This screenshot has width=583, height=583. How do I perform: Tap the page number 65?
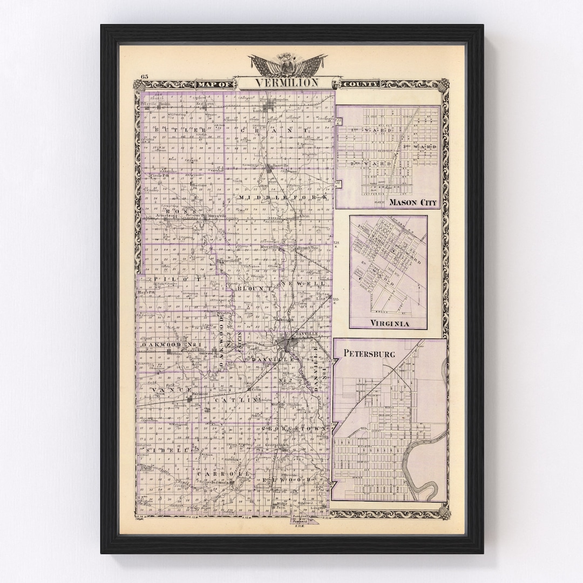pyautogui.click(x=144, y=76)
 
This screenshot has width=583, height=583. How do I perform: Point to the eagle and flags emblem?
pyautogui.click(x=288, y=62)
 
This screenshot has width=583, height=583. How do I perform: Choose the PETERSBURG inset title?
pyautogui.click(x=369, y=354)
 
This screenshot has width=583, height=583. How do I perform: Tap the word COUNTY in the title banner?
pyautogui.click(x=360, y=84)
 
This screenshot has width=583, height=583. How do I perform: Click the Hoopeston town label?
pyautogui.click(x=277, y=100)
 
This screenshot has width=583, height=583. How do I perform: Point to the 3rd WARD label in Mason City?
pyautogui.click(x=424, y=147)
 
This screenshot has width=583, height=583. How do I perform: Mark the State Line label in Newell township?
pyautogui.click(x=322, y=295)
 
